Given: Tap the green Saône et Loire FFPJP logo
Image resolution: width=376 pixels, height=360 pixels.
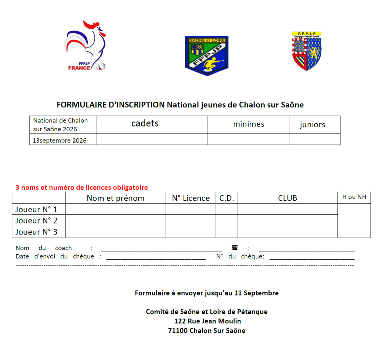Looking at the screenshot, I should (206, 55).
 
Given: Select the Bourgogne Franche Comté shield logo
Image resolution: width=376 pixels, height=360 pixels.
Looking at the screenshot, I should (307, 51).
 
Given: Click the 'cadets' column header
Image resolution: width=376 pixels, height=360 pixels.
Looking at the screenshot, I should (145, 124).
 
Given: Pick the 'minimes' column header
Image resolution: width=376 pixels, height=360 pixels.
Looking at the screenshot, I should (249, 124).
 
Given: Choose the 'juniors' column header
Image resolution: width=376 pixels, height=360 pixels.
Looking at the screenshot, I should (312, 125).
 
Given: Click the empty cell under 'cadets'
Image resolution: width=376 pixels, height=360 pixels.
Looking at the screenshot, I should (152, 139).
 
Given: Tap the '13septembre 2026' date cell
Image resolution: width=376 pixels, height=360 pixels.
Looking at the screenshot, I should (60, 141).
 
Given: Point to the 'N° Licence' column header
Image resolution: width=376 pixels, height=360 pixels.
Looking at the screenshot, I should (191, 198).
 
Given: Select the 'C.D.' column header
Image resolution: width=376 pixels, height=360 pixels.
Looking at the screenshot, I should (227, 198).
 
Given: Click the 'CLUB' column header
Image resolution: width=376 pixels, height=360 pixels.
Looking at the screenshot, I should (288, 198).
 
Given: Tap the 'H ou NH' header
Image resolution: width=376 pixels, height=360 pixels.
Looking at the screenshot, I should (354, 197).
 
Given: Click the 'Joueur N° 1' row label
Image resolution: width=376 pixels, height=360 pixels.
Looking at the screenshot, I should (36, 210).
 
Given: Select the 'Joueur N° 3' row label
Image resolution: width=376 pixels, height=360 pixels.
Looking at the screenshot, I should (36, 232).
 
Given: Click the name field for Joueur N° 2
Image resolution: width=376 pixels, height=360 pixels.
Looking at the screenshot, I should (116, 221).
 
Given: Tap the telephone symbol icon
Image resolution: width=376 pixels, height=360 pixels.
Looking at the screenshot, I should (235, 248).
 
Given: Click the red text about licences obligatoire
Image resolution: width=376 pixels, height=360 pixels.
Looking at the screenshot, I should (82, 188).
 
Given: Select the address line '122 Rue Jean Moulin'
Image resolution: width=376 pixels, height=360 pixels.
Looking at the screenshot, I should (207, 321).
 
